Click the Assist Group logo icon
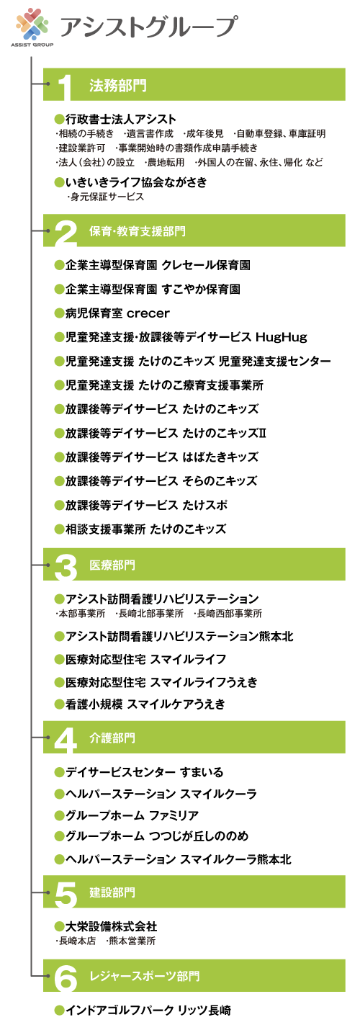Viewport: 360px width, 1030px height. pos(32,24)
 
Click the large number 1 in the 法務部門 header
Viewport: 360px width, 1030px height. pos(66,87)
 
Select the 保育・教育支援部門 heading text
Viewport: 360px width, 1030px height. pos(137,230)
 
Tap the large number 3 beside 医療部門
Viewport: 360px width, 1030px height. pos(66,566)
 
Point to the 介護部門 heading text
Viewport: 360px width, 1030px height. pos(112,738)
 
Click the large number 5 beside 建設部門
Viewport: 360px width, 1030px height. pos(66,895)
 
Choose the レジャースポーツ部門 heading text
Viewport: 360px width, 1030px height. pos(145,976)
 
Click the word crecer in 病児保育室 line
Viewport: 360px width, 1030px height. pos(148,313)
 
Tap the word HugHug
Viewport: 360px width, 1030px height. pos(281,337)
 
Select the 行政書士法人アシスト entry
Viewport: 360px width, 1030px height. pos(120,119)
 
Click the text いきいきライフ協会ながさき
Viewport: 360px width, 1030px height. pos(136,182)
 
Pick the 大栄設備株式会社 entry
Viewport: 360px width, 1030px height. pos(112,926)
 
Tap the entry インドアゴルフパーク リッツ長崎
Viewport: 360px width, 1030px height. pos(148,1011)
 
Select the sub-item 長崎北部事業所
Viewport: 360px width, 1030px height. pos(150,614)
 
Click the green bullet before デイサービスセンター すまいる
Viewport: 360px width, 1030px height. pos(59,772)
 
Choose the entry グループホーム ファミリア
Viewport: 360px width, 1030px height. pos(132,816)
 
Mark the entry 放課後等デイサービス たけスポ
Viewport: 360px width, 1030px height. pos(146,505)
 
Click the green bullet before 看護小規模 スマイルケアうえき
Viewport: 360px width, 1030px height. pos(59,704)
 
